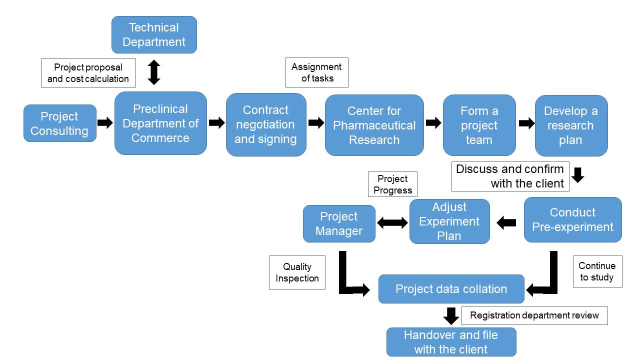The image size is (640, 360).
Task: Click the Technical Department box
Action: [x=154, y=34]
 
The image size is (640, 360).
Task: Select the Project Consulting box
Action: [x=59, y=123]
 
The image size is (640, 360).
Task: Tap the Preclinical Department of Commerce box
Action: [x=160, y=123]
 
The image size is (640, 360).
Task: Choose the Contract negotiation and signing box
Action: [x=266, y=124]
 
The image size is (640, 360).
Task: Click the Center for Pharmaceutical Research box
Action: [x=374, y=125]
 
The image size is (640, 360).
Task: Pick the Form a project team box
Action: [x=479, y=125]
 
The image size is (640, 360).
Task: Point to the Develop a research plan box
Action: [x=571, y=125]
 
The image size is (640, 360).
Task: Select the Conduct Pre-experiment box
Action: [x=573, y=219]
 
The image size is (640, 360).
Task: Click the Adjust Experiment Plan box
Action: [x=449, y=221]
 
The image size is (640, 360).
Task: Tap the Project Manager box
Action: [x=339, y=223]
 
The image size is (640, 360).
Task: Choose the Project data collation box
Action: [x=451, y=289]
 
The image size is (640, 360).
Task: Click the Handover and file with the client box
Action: [x=451, y=342]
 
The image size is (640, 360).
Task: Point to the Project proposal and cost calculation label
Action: [x=88, y=73]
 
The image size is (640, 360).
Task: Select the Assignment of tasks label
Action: [x=317, y=72]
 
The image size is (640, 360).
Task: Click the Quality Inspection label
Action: [x=297, y=272]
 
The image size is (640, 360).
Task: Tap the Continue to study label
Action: [x=597, y=271]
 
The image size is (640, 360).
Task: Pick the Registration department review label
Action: [x=534, y=315]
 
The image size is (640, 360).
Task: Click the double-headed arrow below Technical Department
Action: [x=154, y=72]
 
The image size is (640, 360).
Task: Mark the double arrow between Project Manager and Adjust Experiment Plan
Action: [x=392, y=223]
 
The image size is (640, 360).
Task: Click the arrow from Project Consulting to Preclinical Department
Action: [x=105, y=123]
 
